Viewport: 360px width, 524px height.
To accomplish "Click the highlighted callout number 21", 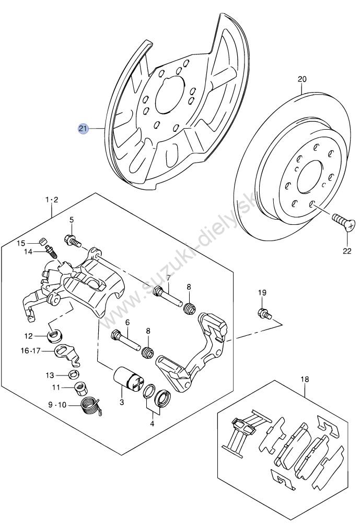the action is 83,128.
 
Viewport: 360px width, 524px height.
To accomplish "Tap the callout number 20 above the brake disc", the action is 302,79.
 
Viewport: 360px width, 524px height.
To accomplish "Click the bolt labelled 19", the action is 265,314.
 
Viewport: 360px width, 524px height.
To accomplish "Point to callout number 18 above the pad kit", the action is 305,379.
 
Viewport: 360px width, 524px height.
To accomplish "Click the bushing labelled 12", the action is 56,336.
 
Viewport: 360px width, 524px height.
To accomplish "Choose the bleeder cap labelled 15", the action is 42,241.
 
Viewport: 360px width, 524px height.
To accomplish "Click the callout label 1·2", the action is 52,200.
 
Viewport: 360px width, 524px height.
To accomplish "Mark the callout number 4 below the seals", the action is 152,424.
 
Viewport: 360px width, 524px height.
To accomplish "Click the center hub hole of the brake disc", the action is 309,177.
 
